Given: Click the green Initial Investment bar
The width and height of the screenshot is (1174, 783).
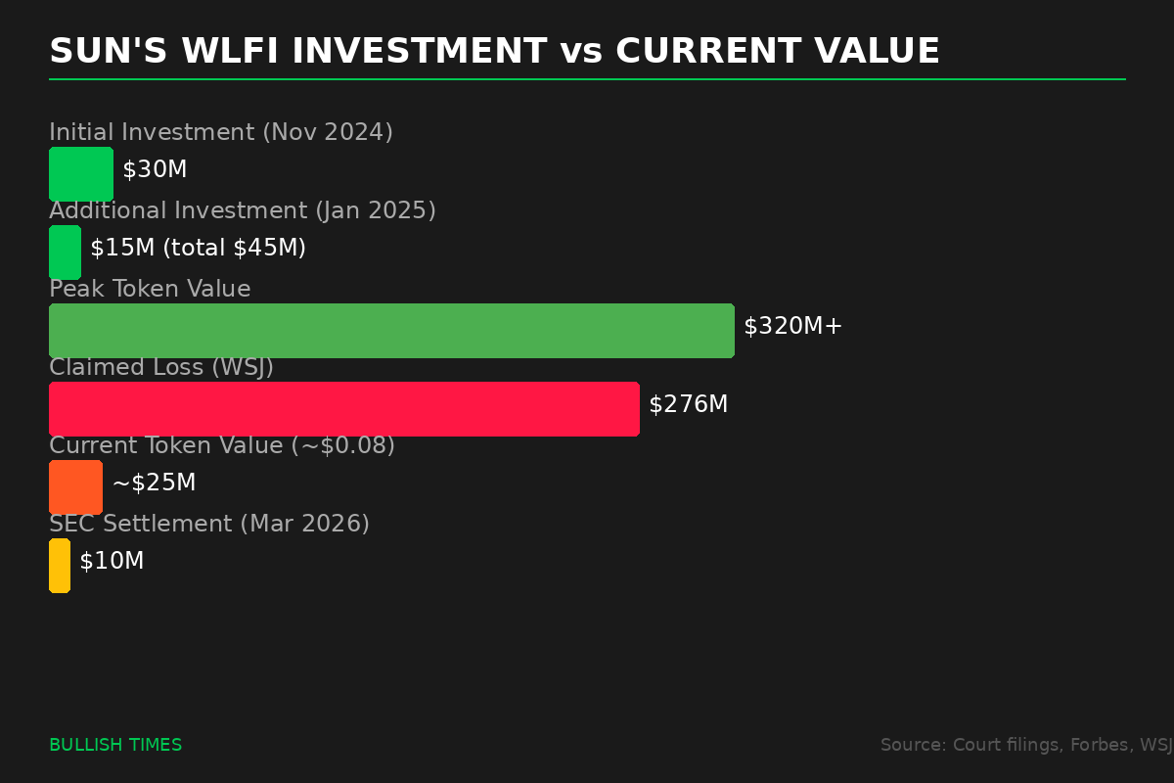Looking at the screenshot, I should click(81, 174).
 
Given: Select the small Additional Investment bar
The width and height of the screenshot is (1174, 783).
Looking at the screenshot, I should click(65, 253).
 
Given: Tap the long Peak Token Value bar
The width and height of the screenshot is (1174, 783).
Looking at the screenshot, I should click(391, 331).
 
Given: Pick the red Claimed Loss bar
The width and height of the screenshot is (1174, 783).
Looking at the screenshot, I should click(343, 409).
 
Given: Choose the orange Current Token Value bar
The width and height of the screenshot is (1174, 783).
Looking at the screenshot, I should click(75, 487).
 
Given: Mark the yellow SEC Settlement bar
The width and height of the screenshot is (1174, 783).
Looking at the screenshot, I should click(60, 566).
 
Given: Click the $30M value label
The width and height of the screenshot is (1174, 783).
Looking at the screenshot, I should click(155, 170).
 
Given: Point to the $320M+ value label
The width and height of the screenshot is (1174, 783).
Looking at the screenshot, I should click(792, 327).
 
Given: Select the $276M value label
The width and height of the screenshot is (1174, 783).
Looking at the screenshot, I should click(688, 405).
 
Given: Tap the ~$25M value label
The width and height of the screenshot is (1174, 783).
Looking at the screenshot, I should click(154, 484).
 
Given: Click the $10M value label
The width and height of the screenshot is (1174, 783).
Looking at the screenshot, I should click(112, 562).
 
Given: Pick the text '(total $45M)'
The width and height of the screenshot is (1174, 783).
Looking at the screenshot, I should click(234, 249).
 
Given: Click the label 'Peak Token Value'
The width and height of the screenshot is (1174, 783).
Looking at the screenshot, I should click(150, 290).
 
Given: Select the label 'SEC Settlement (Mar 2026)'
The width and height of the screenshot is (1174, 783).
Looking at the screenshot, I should click(209, 525).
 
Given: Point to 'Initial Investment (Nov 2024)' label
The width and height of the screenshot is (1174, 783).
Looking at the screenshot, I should click(221, 133).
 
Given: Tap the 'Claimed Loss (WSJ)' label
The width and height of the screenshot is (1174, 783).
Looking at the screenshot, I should click(161, 368).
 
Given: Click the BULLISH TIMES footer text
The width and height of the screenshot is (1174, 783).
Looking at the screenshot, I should click(115, 746).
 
